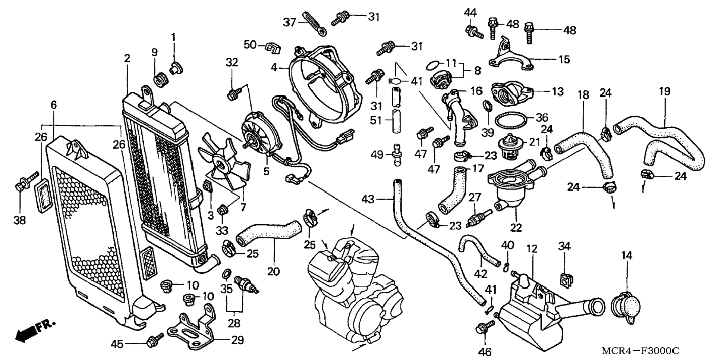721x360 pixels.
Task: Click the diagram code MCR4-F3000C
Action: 640,351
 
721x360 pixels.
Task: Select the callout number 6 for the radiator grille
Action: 54,105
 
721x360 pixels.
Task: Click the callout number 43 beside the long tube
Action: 368,200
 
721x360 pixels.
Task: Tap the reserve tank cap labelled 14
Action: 626,308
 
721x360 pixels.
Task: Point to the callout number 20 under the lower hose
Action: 274,271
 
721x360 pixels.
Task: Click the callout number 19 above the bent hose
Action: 665,91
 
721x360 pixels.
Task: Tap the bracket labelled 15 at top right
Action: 511,56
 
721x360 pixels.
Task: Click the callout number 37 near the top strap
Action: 289,23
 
